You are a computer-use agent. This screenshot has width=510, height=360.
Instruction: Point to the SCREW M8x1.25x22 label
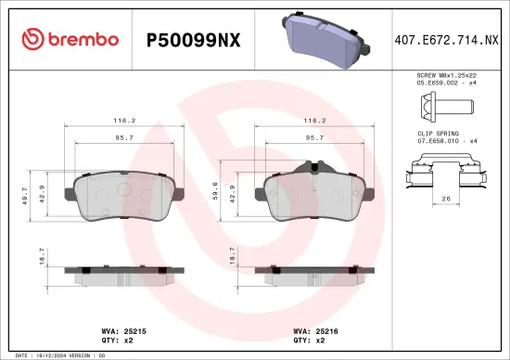point(446,74)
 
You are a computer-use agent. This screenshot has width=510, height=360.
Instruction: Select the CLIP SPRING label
point(435,134)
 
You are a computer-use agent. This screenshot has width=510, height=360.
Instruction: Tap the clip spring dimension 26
point(446,198)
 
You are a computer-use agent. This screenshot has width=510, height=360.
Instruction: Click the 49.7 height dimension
point(24,195)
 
